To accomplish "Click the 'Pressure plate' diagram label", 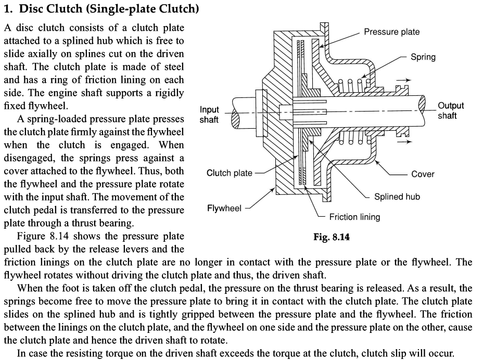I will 391,32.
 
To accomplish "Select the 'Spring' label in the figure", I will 423,57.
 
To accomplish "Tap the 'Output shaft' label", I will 450,110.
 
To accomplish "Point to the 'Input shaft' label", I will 209,115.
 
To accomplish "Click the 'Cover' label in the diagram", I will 422,174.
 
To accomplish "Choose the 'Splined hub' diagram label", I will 397,196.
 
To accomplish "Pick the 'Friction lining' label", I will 354,217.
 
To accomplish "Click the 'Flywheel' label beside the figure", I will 224,208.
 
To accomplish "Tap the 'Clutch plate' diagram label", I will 229,173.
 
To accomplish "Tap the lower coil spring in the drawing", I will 354,138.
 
